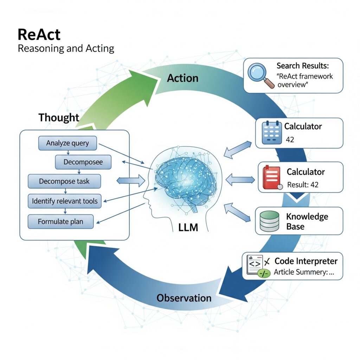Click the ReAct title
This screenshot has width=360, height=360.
pyautogui.click(x=39, y=35)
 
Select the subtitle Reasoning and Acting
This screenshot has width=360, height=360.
pyautogui.click(x=66, y=48)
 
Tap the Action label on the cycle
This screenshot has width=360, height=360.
pyautogui.click(x=182, y=78)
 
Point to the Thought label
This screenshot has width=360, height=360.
pyautogui.click(x=59, y=117)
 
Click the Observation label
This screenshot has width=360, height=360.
pyautogui.click(x=184, y=298)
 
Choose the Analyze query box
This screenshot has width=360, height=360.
pyautogui.click(x=67, y=143)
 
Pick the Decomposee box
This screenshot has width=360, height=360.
pyautogui.click(x=83, y=162)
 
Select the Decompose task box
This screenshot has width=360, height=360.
pyautogui.click(x=64, y=181)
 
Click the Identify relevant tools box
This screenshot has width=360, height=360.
pyautogui.click(x=65, y=201)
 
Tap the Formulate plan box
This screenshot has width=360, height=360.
pyautogui.click(x=60, y=222)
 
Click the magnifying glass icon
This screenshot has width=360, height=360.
pyautogui.click(x=261, y=75)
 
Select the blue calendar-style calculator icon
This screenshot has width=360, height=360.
pyautogui.click(x=272, y=133)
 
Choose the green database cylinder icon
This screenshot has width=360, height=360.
pyautogui.click(x=269, y=221)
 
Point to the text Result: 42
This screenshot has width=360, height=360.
pyautogui.click(x=303, y=185)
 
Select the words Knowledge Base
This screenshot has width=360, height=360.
pyautogui.click(x=307, y=221)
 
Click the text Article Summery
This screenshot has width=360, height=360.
pyautogui.click(x=303, y=272)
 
